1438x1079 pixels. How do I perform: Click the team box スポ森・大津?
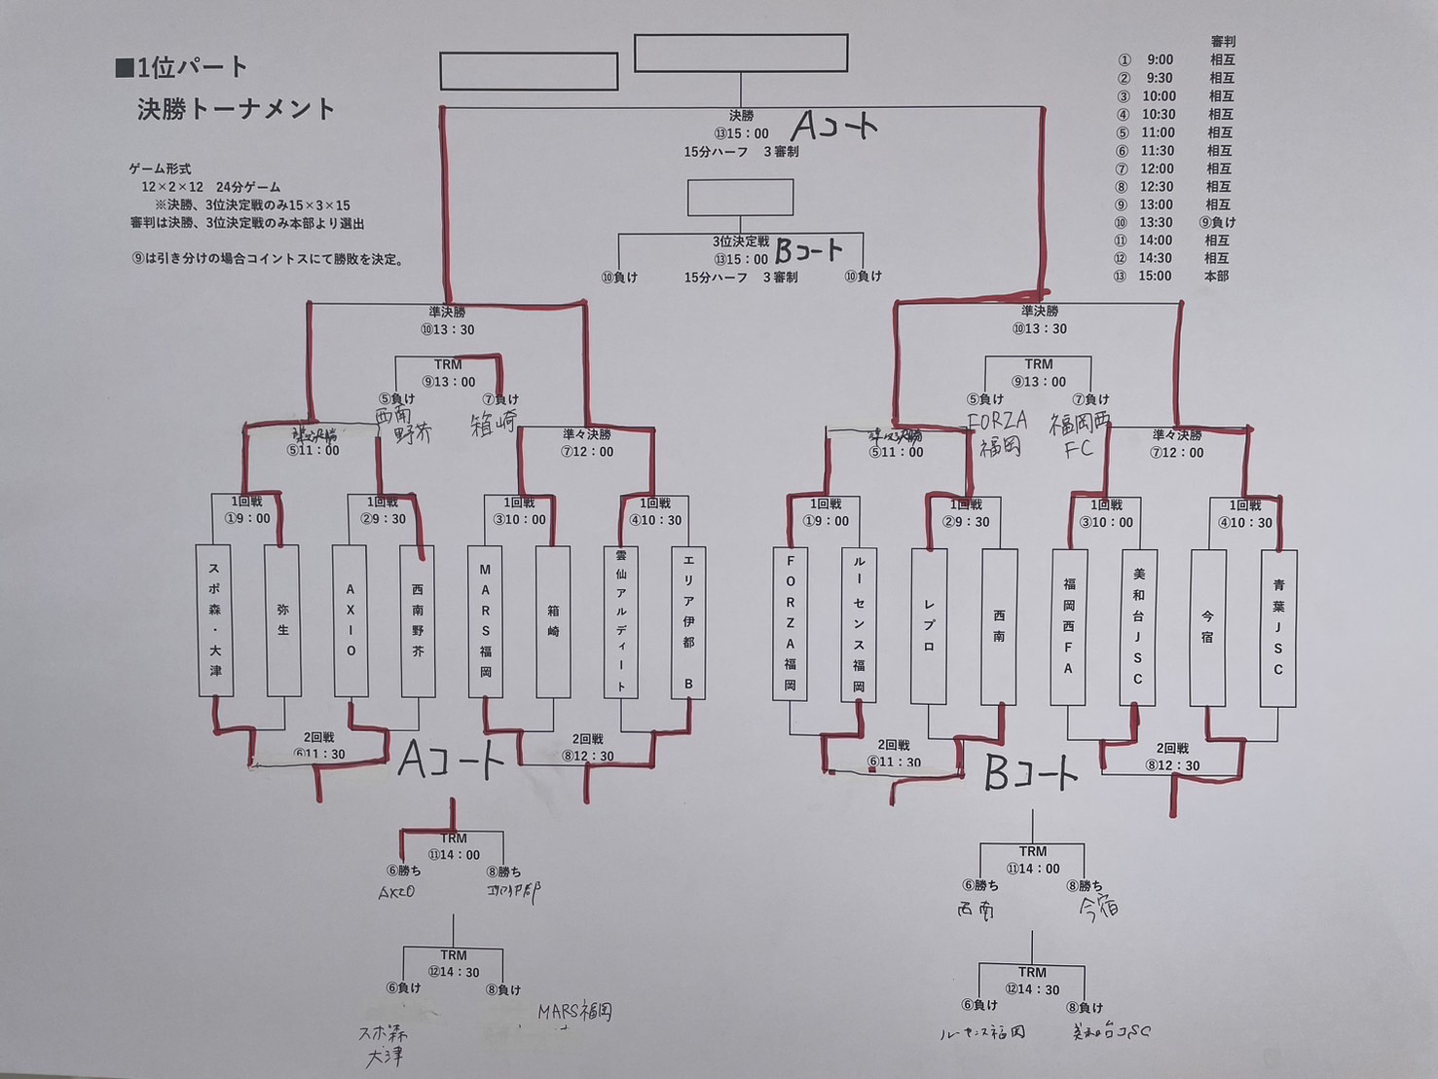[215, 620]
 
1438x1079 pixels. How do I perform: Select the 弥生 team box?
[282, 620]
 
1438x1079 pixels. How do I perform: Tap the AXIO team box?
[350, 621]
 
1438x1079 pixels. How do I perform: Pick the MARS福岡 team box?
[485, 621]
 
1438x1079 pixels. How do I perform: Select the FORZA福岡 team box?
[790, 623]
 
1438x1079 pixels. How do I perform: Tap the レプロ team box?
[929, 626]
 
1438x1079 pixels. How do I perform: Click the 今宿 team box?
[1207, 628]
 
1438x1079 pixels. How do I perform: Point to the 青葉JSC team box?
[1278, 628]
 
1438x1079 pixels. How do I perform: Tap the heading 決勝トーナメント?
[236, 109]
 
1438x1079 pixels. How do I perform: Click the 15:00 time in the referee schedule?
[1155, 277]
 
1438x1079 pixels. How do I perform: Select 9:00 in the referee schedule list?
[1159, 60]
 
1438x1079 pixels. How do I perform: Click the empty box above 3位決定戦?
[740, 198]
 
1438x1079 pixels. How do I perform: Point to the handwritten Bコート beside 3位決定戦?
[808, 253]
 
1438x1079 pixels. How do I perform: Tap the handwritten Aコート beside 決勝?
[834, 126]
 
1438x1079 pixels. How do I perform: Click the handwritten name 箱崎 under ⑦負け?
[494, 425]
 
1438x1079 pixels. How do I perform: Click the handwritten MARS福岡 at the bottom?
[575, 1013]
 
